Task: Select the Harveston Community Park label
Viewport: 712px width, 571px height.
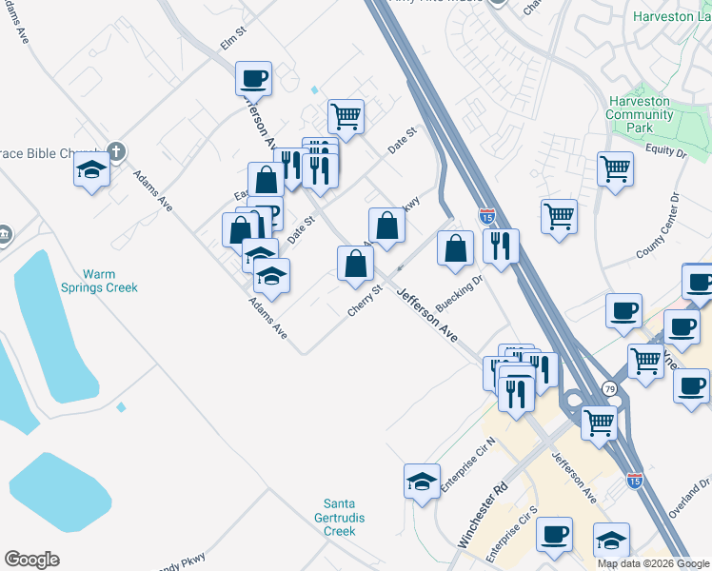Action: point(640,114)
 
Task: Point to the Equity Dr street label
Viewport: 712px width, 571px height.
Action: point(665,149)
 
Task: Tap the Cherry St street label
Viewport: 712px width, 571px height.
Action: point(365,300)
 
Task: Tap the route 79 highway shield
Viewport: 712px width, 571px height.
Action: point(609,388)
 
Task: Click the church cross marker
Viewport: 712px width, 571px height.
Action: point(116,151)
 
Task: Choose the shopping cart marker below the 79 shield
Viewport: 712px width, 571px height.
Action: point(599,422)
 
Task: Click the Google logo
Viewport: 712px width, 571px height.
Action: point(31,560)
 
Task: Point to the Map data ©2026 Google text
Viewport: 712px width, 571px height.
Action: point(653,563)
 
